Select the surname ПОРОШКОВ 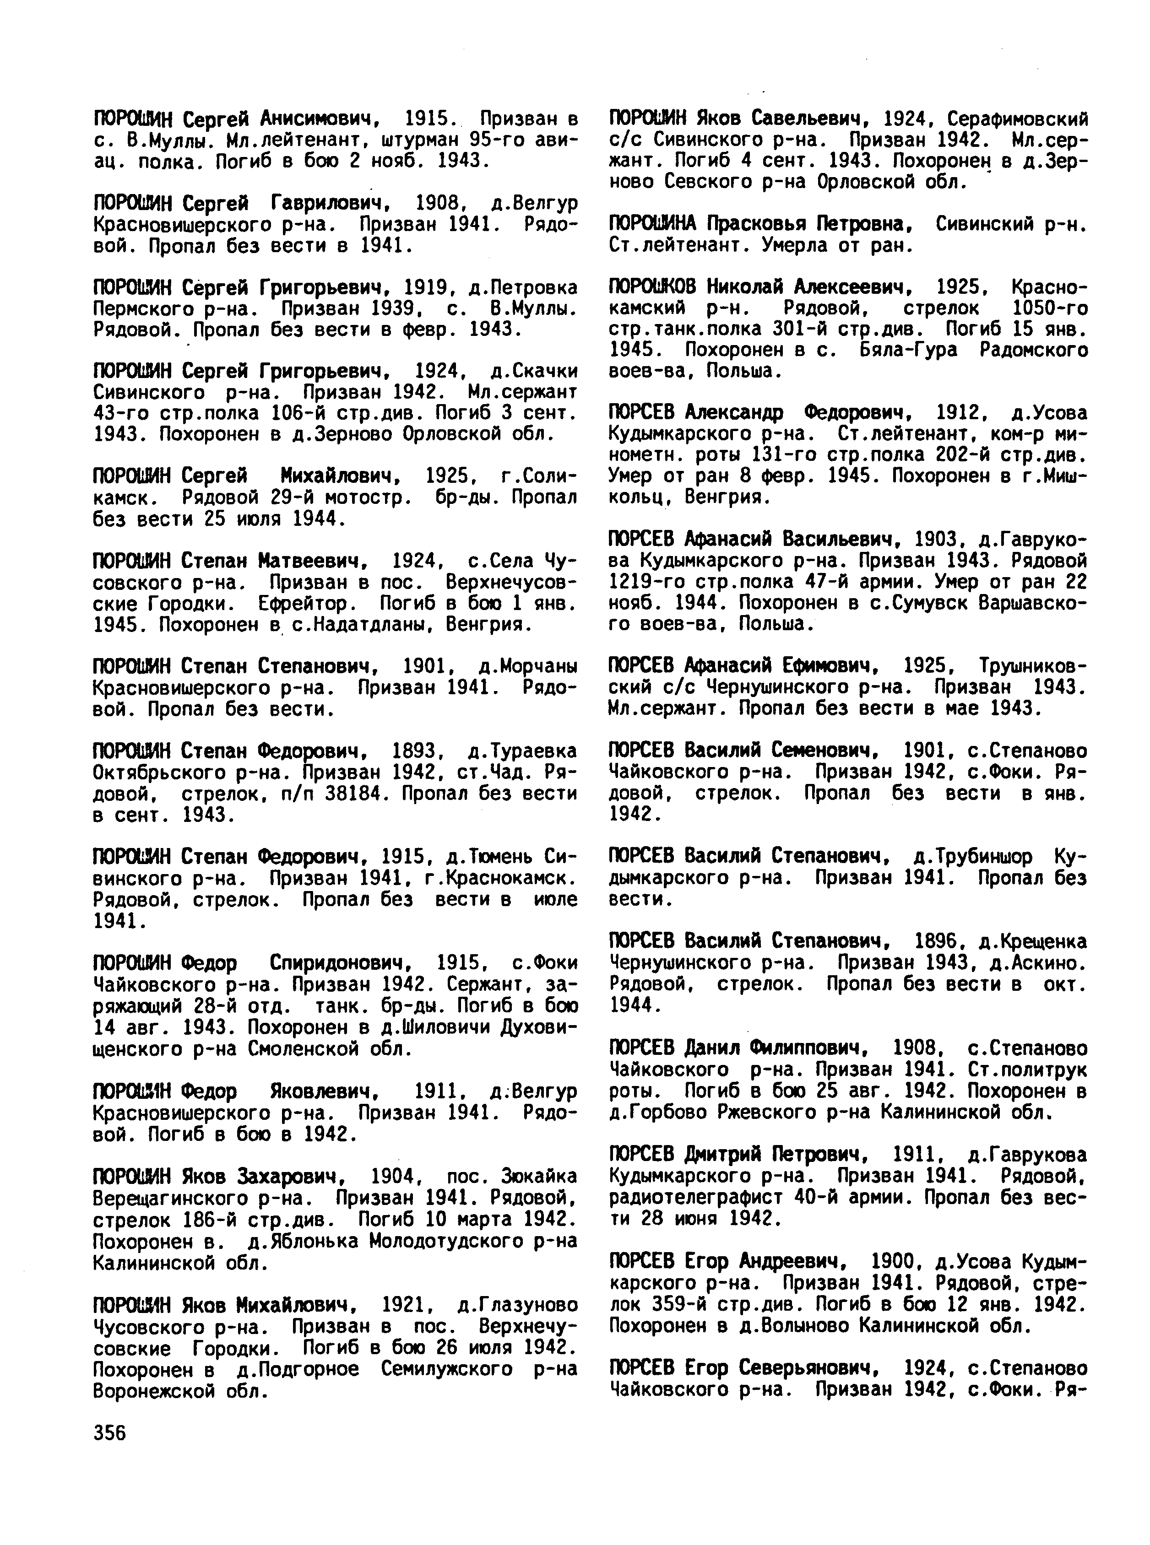[x=652, y=287]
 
